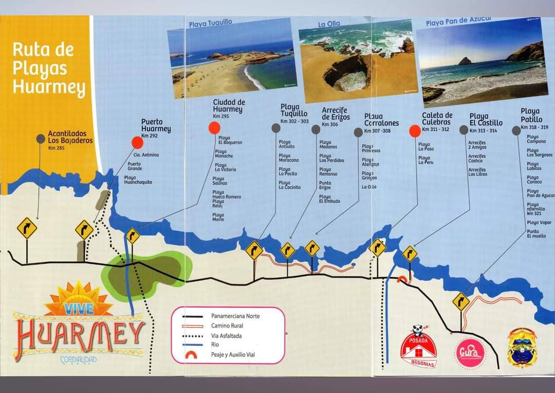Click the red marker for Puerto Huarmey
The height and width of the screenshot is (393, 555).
pos(137,142)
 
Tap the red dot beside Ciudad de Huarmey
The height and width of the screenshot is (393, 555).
pos(214,128)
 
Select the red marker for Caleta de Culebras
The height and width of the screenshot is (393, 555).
pos(415,131)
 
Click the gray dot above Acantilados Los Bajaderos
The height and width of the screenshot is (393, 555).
pos(41,138)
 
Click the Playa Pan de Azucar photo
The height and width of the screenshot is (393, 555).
pos(482,62)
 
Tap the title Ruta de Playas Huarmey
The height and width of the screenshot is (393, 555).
pos(48,68)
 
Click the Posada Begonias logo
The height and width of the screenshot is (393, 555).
pos(418,347)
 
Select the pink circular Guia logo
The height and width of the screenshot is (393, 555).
pos(470,352)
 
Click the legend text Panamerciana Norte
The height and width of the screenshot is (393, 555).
pos(235,316)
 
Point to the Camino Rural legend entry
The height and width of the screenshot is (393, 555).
pos(227,326)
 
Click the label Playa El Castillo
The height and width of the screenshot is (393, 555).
pos(486,120)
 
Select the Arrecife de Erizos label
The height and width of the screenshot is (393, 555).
pos(336,114)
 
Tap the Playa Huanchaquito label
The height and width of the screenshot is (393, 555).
pos(138,180)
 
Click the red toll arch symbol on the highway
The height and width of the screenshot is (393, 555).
pos(402,279)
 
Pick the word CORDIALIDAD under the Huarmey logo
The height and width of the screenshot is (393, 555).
pos(78,360)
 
